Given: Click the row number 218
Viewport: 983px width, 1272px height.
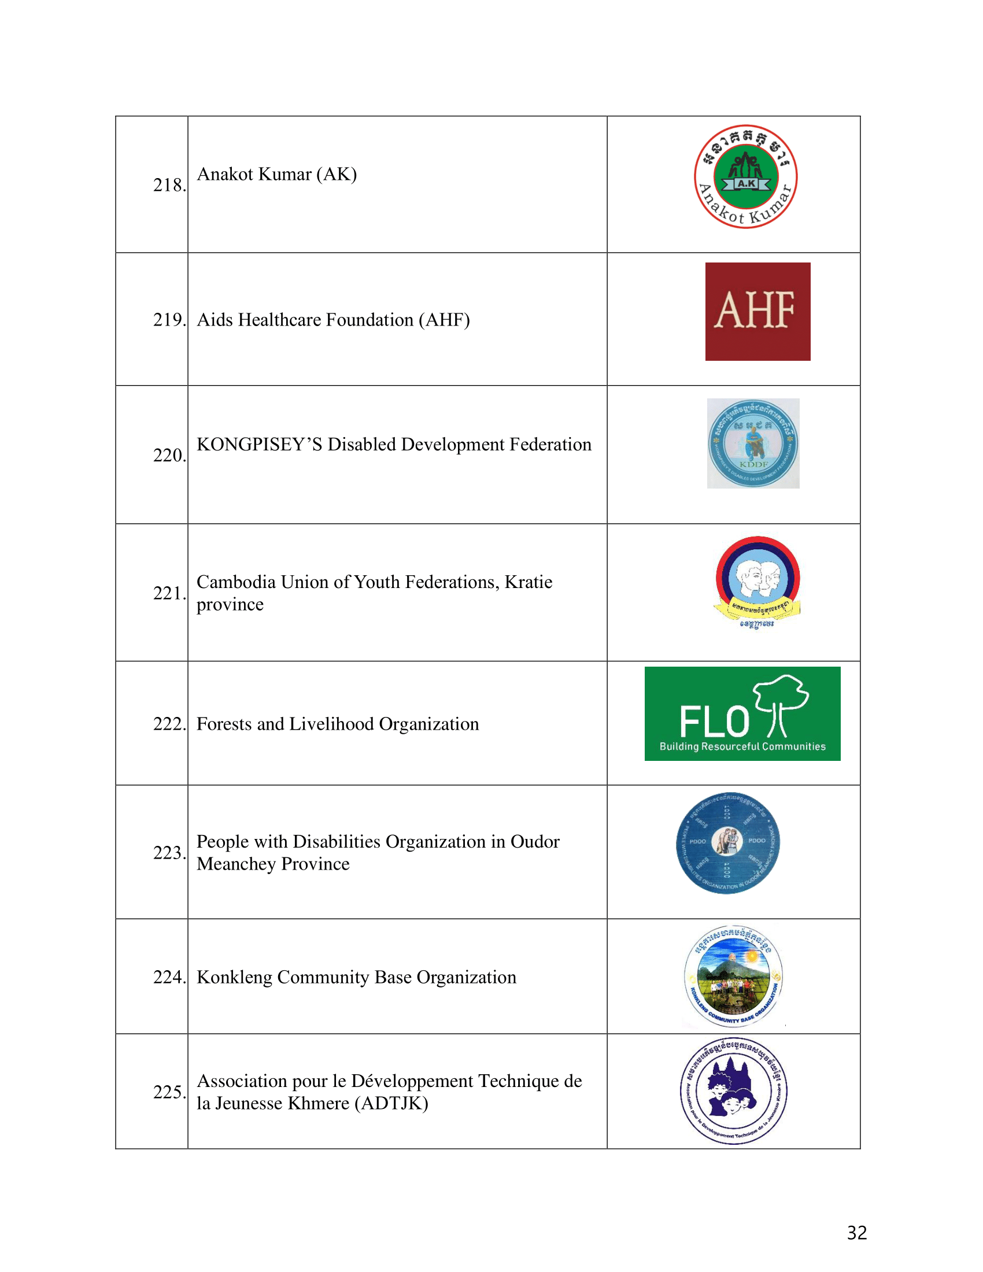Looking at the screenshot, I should tap(169, 185).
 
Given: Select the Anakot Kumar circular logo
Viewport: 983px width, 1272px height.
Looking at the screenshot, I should tap(745, 176).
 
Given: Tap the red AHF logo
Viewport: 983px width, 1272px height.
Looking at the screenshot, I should tap(757, 311).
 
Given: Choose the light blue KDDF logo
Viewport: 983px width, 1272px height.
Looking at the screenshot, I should tap(753, 443).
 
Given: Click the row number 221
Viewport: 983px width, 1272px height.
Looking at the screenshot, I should tap(169, 593).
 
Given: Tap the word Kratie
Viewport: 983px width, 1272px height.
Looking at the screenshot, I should tap(528, 582).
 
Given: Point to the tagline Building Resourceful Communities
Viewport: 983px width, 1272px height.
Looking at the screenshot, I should tap(742, 746).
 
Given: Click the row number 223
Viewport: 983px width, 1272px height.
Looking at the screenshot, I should tap(169, 853).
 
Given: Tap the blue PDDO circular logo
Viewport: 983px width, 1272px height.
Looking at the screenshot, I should tap(728, 842).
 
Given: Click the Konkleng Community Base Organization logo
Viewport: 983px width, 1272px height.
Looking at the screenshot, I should tap(733, 977).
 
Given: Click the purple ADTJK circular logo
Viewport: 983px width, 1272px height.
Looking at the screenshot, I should tap(733, 1091).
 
